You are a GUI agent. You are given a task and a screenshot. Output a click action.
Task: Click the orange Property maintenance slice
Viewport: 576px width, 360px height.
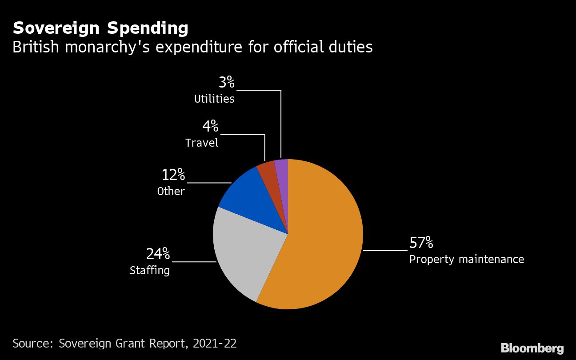320,240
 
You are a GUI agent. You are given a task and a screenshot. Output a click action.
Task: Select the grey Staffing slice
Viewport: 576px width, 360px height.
244,253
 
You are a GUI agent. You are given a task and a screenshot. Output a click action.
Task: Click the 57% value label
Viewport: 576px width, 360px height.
421,243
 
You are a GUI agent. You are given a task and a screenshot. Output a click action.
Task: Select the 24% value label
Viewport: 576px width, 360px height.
158,254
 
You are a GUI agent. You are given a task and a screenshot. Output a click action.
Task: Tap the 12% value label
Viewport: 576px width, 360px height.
173,175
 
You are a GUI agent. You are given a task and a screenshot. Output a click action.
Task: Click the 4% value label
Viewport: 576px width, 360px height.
210,127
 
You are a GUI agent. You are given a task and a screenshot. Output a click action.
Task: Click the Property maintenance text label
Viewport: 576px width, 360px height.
466,259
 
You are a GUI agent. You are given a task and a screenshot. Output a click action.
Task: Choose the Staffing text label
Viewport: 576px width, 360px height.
150,270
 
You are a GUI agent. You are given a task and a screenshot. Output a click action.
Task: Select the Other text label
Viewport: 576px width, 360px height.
171,191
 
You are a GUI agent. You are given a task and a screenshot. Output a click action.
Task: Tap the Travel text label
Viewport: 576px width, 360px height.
202,143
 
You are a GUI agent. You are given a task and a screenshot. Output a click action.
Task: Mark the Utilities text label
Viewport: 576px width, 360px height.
214,99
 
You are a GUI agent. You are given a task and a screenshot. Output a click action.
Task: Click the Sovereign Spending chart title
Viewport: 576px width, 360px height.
100,28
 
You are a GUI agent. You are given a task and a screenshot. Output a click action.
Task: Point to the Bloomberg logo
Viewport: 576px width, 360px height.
532,348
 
